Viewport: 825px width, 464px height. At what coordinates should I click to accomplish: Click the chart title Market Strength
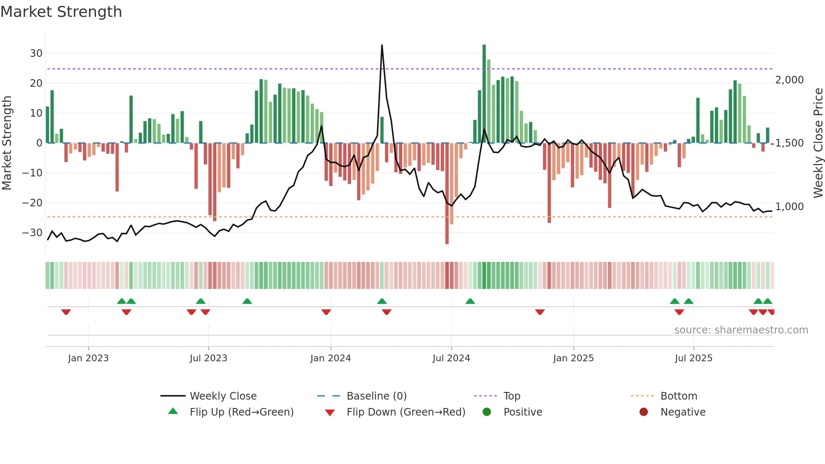coord(61,12)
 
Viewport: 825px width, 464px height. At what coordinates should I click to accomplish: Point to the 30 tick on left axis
coord(36,53)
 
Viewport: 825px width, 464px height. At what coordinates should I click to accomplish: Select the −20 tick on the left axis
coord(32,203)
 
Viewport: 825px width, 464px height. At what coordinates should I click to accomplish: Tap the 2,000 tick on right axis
coord(789,80)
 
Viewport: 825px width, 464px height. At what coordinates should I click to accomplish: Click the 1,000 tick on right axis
coord(789,207)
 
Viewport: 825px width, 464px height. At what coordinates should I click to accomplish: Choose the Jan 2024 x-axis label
coord(330,358)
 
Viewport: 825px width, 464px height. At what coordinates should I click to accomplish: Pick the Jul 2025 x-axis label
coord(693,358)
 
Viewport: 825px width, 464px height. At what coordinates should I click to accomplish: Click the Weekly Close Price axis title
coord(818,143)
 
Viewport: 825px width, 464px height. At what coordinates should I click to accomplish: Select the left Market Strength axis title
coord(7,143)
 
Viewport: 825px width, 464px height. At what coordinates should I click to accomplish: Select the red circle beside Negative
coord(644,412)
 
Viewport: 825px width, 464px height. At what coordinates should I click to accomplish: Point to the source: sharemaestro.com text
coord(741,330)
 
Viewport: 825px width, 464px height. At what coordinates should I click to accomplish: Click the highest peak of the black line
coord(382,45)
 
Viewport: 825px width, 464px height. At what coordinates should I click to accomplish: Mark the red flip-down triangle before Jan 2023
coord(66,312)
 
